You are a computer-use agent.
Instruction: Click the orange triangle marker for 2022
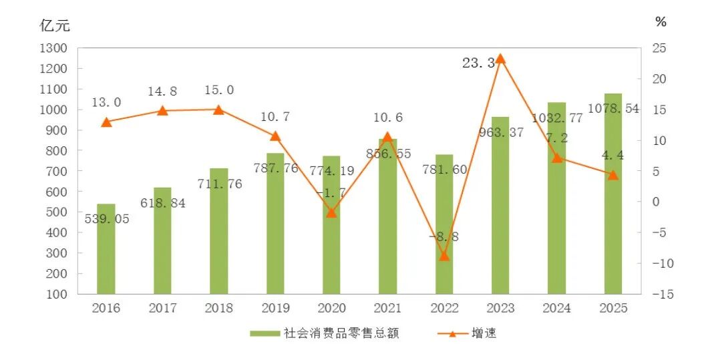point(444,256)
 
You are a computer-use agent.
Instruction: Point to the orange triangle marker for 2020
point(331,212)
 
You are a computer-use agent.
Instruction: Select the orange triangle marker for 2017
point(162,111)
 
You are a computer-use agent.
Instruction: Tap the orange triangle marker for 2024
point(557,158)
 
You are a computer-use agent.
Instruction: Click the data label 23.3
point(478,63)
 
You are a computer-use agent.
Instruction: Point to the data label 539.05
point(107,219)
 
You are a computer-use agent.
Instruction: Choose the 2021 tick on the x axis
point(387,308)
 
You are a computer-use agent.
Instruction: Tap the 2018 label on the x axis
point(218,308)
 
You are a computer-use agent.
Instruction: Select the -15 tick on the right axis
point(663,294)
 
